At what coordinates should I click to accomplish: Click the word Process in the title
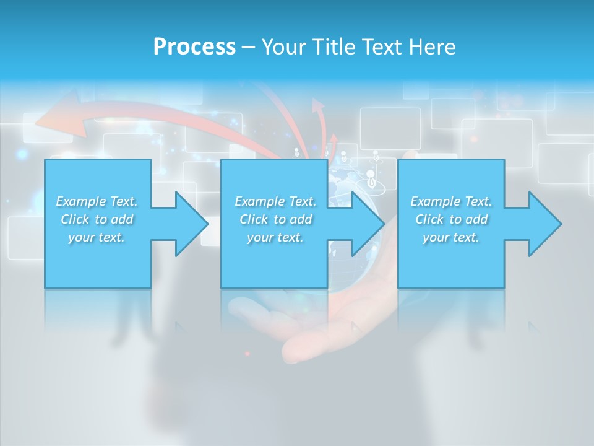tap(194, 47)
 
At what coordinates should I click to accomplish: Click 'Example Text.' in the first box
tap(97, 201)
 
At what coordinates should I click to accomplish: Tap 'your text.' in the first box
tap(97, 237)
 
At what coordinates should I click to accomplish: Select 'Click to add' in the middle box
tap(275, 219)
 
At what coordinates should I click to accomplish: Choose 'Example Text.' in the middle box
tap(275, 201)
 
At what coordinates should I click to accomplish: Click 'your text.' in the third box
tap(451, 237)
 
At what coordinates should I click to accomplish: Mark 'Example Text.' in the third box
tap(451, 201)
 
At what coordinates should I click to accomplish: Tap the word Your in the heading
tap(284, 47)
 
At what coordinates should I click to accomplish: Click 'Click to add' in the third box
tap(451, 219)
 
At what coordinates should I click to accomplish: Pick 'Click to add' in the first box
tap(97, 219)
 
